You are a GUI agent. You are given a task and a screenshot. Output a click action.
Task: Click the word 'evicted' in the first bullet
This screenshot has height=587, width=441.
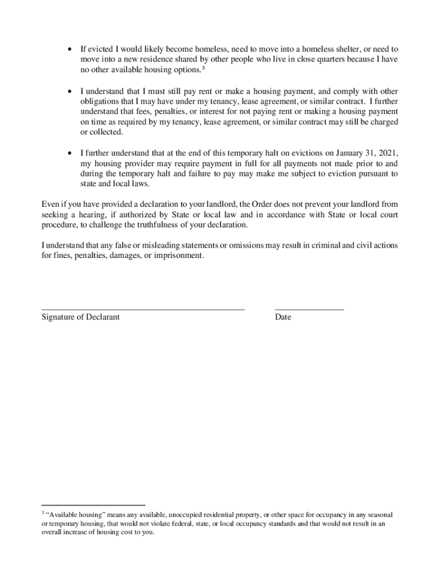pos(100,49)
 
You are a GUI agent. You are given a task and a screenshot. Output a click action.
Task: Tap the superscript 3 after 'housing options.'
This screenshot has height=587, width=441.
pos(204,68)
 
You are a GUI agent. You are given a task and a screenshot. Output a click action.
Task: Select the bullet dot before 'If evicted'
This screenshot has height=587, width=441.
pos(70,49)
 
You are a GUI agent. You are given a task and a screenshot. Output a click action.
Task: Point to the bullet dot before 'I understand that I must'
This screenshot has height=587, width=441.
pos(70,92)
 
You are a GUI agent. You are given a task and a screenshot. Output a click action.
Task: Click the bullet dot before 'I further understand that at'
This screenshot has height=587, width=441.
pos(70,154)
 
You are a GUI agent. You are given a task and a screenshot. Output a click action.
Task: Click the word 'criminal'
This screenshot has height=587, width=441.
pos(320,245)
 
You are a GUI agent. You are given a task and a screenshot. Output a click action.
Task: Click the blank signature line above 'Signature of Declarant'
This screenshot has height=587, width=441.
pos(143,310)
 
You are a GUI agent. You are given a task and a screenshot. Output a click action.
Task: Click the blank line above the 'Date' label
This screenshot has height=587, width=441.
pos(309,310)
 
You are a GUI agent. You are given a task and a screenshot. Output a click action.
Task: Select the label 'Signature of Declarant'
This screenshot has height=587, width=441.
pos(81,317)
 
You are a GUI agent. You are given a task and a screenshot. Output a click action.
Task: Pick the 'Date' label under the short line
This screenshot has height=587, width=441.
pos(283,317)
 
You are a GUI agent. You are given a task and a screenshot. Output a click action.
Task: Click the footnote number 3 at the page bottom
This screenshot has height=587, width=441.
pos(42,513)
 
